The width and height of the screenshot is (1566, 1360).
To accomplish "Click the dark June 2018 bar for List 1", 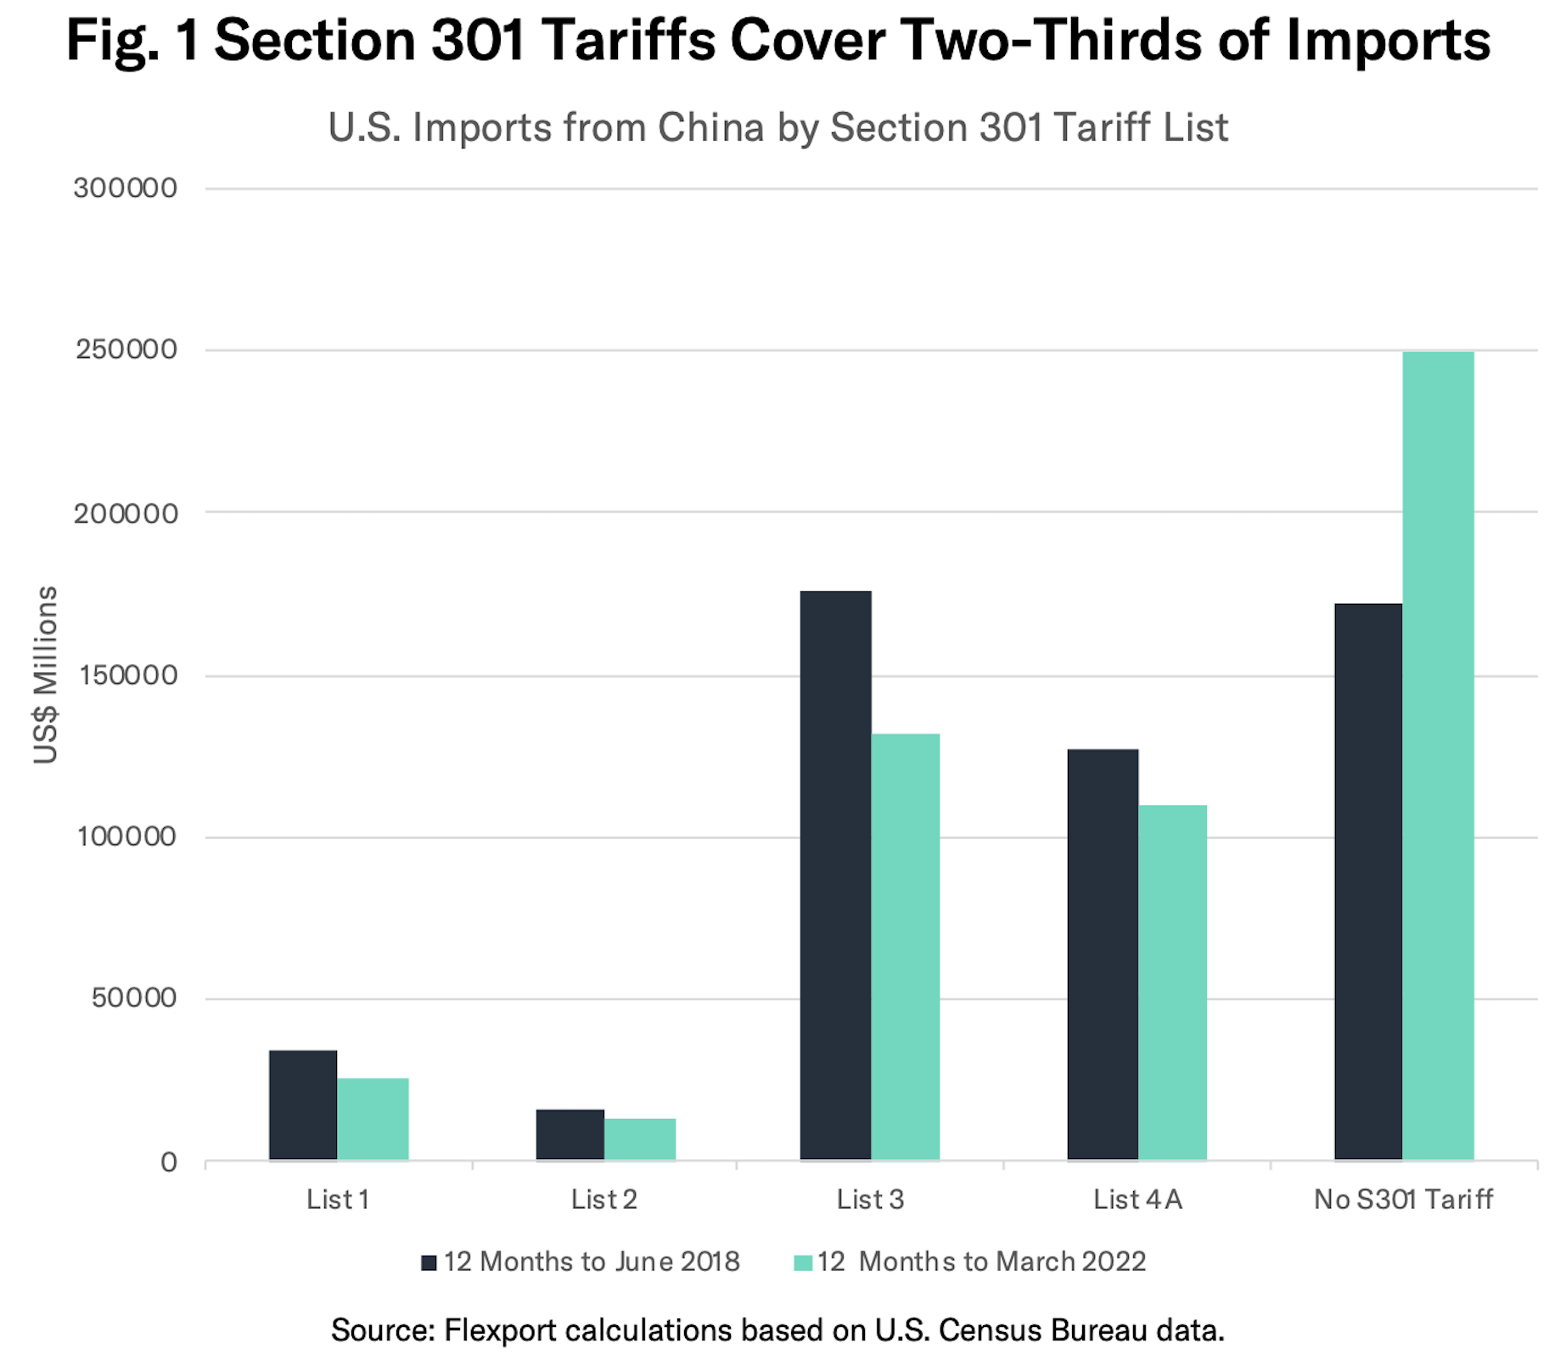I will pos(303,1105).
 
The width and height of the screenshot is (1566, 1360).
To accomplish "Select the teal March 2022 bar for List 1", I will pos(373,1118).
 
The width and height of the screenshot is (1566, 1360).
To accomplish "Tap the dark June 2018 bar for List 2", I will pos(570,1134).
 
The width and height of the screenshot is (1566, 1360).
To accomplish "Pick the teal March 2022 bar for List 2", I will pos(640,1139).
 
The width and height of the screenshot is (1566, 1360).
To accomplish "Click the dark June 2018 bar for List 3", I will pos(835,875).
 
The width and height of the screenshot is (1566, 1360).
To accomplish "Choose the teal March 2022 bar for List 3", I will pos(906,946).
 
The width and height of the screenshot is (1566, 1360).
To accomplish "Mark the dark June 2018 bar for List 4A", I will pos(1103,954).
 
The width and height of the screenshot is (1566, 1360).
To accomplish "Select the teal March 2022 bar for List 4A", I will pos(1172,982).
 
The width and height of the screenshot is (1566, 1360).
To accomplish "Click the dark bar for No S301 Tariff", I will pos(1368,881).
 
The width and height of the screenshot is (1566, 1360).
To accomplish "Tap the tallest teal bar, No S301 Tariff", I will pos(1438,755).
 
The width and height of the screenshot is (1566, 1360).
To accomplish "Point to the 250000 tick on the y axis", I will pos(126,350).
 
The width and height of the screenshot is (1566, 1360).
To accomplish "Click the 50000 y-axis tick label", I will pos(134,998).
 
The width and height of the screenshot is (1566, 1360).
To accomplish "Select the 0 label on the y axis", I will pos(169,1161).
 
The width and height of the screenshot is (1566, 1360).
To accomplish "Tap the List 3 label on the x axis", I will pos(870,1200).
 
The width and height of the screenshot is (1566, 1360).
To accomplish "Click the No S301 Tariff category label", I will pos(1403,1200).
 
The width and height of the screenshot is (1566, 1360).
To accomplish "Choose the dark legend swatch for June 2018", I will pos(429,1262).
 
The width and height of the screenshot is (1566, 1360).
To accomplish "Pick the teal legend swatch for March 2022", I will pos(802,1262).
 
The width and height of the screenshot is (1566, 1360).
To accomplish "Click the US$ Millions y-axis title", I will pos(45,674).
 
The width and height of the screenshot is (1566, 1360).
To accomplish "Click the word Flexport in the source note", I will pos(502,1330).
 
